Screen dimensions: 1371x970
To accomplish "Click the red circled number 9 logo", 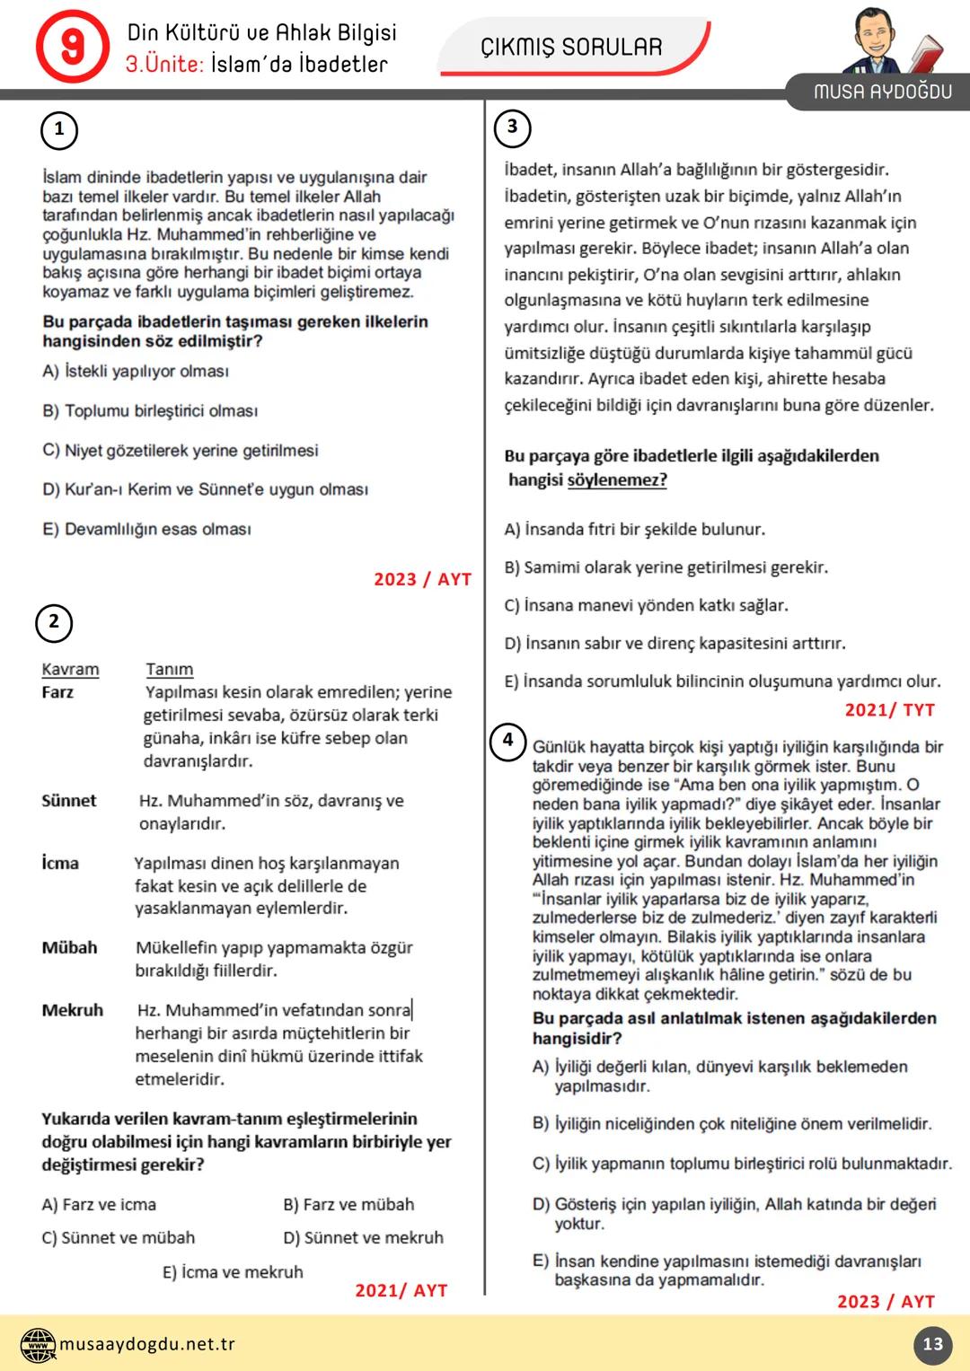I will click(72, 47).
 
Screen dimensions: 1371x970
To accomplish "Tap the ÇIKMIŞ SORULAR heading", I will click(571, 47).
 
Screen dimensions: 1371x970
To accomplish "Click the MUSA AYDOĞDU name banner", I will click(882, 92).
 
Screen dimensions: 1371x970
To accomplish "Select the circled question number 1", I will click(59, 129).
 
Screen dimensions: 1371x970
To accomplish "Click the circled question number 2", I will click(54, 622).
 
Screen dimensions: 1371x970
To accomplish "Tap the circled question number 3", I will click(512, 127).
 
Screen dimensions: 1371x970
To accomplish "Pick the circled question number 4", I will click(507, 741).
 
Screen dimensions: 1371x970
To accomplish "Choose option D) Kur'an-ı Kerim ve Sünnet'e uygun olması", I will click(205, 489).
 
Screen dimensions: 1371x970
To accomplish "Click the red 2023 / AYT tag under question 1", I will click(422, 579).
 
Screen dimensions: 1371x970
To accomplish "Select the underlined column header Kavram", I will click(70, 669).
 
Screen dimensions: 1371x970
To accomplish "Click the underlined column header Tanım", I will click(169, 669).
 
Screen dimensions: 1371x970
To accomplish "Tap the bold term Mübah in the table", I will click(69, 947).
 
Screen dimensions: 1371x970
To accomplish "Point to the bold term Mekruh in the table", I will click(72, 1010).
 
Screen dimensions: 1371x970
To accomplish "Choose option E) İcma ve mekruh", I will click(233, 1271).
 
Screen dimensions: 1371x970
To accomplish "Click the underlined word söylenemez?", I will click(617, 479).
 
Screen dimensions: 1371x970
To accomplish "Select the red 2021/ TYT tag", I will click(889, 709).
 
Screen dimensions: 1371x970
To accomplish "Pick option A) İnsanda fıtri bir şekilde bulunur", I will click(634, 529).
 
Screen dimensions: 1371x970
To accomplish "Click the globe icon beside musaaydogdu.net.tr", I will click(38, 1344).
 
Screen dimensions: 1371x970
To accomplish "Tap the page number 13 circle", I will click(932, 1344).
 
